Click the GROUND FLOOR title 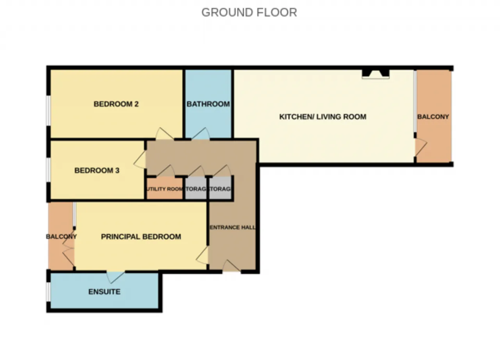tap(249, 13)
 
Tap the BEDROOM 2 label tap(116, 104)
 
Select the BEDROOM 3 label tap(97, 171)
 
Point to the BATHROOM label tap(208, 104)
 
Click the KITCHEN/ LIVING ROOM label tap(323, 116)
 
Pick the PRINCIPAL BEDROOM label tap(141, 237)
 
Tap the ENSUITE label tap(104, 292)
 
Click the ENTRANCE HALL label tap(232, 227)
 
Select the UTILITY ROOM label tap(164, 189)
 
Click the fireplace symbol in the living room tap(375, 73)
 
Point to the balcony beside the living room tap(433, 117)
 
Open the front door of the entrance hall tap(231, 266)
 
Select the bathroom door tap(200, 134)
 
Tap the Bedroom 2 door tap(164, 134)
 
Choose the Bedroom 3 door tap(140, 160)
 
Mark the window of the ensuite tap(48, 291)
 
